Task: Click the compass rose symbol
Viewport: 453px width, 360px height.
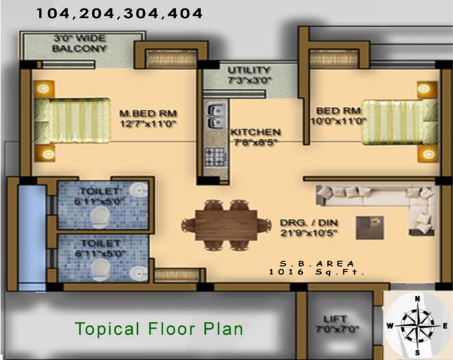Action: [x=417, y=324]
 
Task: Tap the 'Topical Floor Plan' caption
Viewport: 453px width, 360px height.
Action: [x=159, y=328]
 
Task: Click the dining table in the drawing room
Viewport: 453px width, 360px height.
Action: [x=226, y=224]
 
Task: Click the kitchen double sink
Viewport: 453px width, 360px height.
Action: [x=214, y=117]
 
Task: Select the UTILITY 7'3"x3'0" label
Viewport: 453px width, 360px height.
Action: [x=249, y=74]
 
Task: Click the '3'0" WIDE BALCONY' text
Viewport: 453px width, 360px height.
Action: [x=79, y=43]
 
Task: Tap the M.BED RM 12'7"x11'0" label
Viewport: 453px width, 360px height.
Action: [x=148, y=117]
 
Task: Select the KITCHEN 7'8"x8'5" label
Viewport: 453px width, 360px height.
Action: [x=256, y=137]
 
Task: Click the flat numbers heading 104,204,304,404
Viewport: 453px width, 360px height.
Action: [x=119, y=13]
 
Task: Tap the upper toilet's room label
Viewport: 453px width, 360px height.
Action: [x=98, y=196]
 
